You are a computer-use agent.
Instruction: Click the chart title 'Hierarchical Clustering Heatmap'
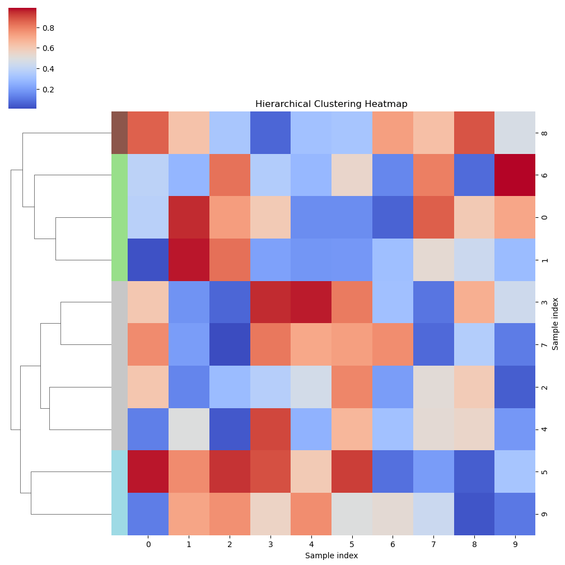pyautogui.click(x=331, y=104)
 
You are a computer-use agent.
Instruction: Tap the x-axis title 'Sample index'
pyautogui.click(x=331, y=555)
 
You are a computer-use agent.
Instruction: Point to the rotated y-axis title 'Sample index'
pyautogui.click(x=555, y=324)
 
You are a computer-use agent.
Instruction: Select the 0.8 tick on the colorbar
pyautogui.click(x=49, y=28)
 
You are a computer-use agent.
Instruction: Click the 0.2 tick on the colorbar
pyautogui.click(x=49, y=90)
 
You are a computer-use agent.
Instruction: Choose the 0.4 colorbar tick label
pyautogui.click(x=49, y=69)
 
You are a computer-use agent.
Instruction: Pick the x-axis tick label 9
pyautogui.click(x=515, y=544)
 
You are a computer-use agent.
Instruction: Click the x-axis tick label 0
pyautogui.click(x=148, y=544)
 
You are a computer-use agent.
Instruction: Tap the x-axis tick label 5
pyautogui.click(x=352, y=544)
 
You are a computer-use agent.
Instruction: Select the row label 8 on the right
pyautogui.click(x=544, y=133)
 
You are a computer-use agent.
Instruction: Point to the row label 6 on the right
pyautogui.click(x=544, y=175)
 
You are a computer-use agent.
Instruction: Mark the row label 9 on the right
pyautogui.click(x=544, y=514)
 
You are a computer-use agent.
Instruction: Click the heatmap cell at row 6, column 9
pyautogui.click(x=515, y=175)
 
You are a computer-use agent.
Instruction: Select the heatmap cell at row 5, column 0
pyautogui.click(x=148, y=471)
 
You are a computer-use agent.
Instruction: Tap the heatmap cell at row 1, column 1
pyautogui.click(x=189, y=260)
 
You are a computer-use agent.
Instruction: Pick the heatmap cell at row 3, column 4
pyautogui.click(x=311, y=302)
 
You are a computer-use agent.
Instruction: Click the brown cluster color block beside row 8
pyautogui.click(x=119, y=133)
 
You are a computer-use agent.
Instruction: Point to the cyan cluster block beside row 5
pyautogui.click(x=119, y=471)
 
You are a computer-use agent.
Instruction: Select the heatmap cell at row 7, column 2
pyautogui.click(x=230, y=344)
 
